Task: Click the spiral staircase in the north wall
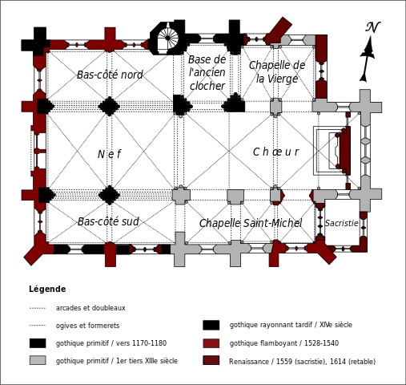click(167, 38)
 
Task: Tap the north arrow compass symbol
click(368, 59)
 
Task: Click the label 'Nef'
click(109, 154)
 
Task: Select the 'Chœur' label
click(275, 152)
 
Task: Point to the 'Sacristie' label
click(342, 223)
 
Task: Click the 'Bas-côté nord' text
click(110, 75)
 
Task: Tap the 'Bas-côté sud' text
click(108, 221)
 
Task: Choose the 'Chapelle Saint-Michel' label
click(251, 223)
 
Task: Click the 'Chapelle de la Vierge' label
click(277, 71)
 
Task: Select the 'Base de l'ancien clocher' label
click(207, 72)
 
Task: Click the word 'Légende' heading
click(47, 289)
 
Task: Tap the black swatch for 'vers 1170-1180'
click(38, 343)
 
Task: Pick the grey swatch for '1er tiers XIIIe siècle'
click(38, 360)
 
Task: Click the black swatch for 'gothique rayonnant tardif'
click(211, 325)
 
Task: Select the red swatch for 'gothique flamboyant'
click(211, 343)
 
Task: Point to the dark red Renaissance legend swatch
click(211, 360)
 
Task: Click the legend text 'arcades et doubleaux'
click(90, 308)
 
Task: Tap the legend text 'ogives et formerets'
click(87, 326)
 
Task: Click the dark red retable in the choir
click(344, 151)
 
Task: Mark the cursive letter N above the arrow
click(372, 27)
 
